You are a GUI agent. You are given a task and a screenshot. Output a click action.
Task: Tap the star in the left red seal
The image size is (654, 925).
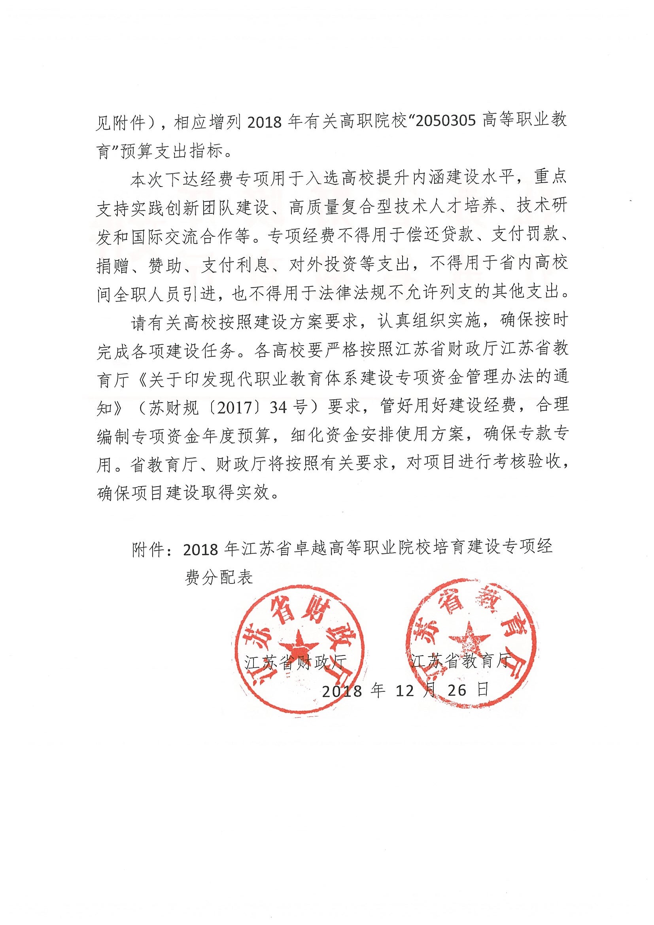click(x=299, y=644)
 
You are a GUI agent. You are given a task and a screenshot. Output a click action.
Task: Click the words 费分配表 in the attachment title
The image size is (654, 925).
click(x=218, y=578)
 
